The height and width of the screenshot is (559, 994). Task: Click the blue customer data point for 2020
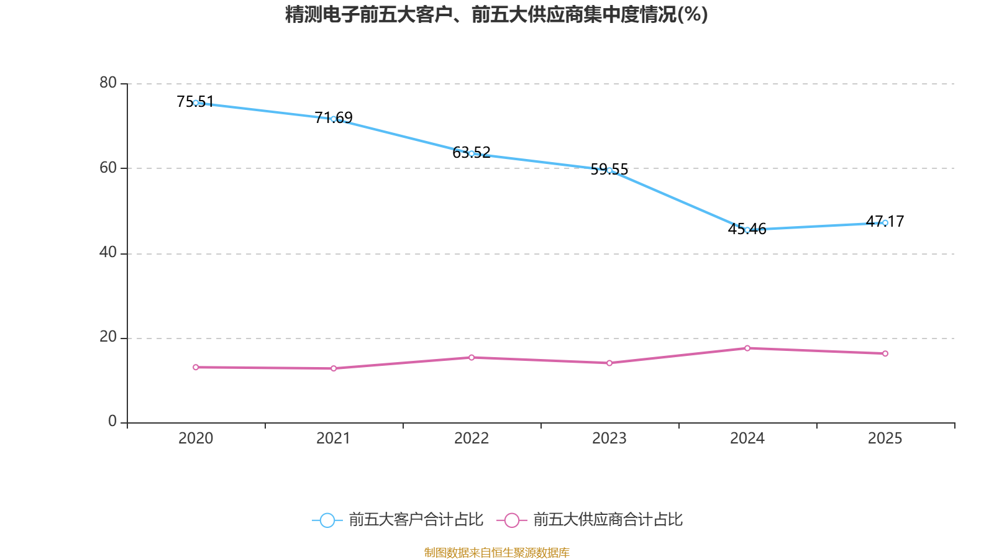[x=196, y=103]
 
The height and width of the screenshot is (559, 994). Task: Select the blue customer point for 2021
[x=334, y=119]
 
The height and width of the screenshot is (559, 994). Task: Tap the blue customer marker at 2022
[x=472, y=153]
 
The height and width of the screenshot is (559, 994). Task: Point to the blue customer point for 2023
[x=609, y=170]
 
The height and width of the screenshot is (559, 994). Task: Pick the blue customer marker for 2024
[x=747, y=230]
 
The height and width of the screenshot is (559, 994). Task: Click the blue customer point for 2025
[x=885, y=222]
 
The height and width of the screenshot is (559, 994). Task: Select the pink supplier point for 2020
[x=196, y=367]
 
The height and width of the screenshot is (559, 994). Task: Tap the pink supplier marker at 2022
[x=472, y=357]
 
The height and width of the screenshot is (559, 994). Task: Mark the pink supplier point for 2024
[x=747, y=348]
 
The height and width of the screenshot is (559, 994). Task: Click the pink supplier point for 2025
[x=885, y=353]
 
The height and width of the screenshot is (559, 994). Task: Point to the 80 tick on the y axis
[x=108, y=83]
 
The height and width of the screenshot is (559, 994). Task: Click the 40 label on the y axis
[x=108, y=252]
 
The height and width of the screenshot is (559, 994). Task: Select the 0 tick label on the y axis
[x=112, y=422]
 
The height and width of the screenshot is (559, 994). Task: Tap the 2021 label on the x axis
[x=334, y=439]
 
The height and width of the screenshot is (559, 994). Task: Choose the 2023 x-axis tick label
[x=609, y=439]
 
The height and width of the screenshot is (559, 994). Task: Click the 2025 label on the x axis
[x=885, y=439]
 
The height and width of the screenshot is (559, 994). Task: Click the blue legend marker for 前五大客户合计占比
[x=327, y=520]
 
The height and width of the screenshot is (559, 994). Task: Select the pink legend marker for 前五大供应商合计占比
[x=512, y=520]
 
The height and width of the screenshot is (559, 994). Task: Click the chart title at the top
[x=496, y=14]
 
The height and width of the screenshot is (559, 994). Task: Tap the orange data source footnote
[x=496, y=552]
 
